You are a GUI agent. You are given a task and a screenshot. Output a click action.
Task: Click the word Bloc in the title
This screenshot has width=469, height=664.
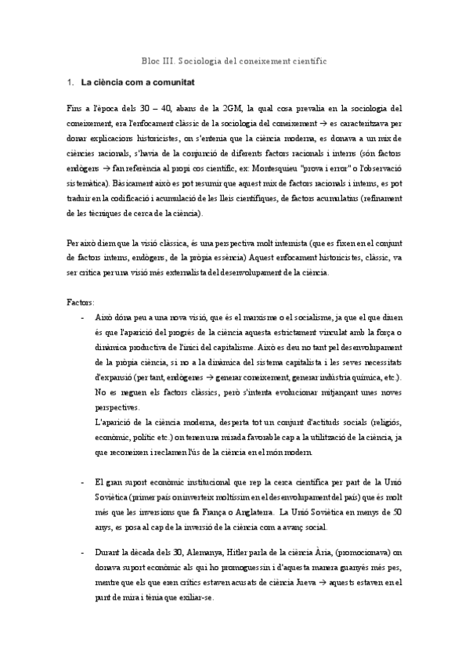[x=149, y=59]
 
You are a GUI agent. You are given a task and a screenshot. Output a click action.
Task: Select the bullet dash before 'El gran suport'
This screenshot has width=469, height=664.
[x=83, y=482]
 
